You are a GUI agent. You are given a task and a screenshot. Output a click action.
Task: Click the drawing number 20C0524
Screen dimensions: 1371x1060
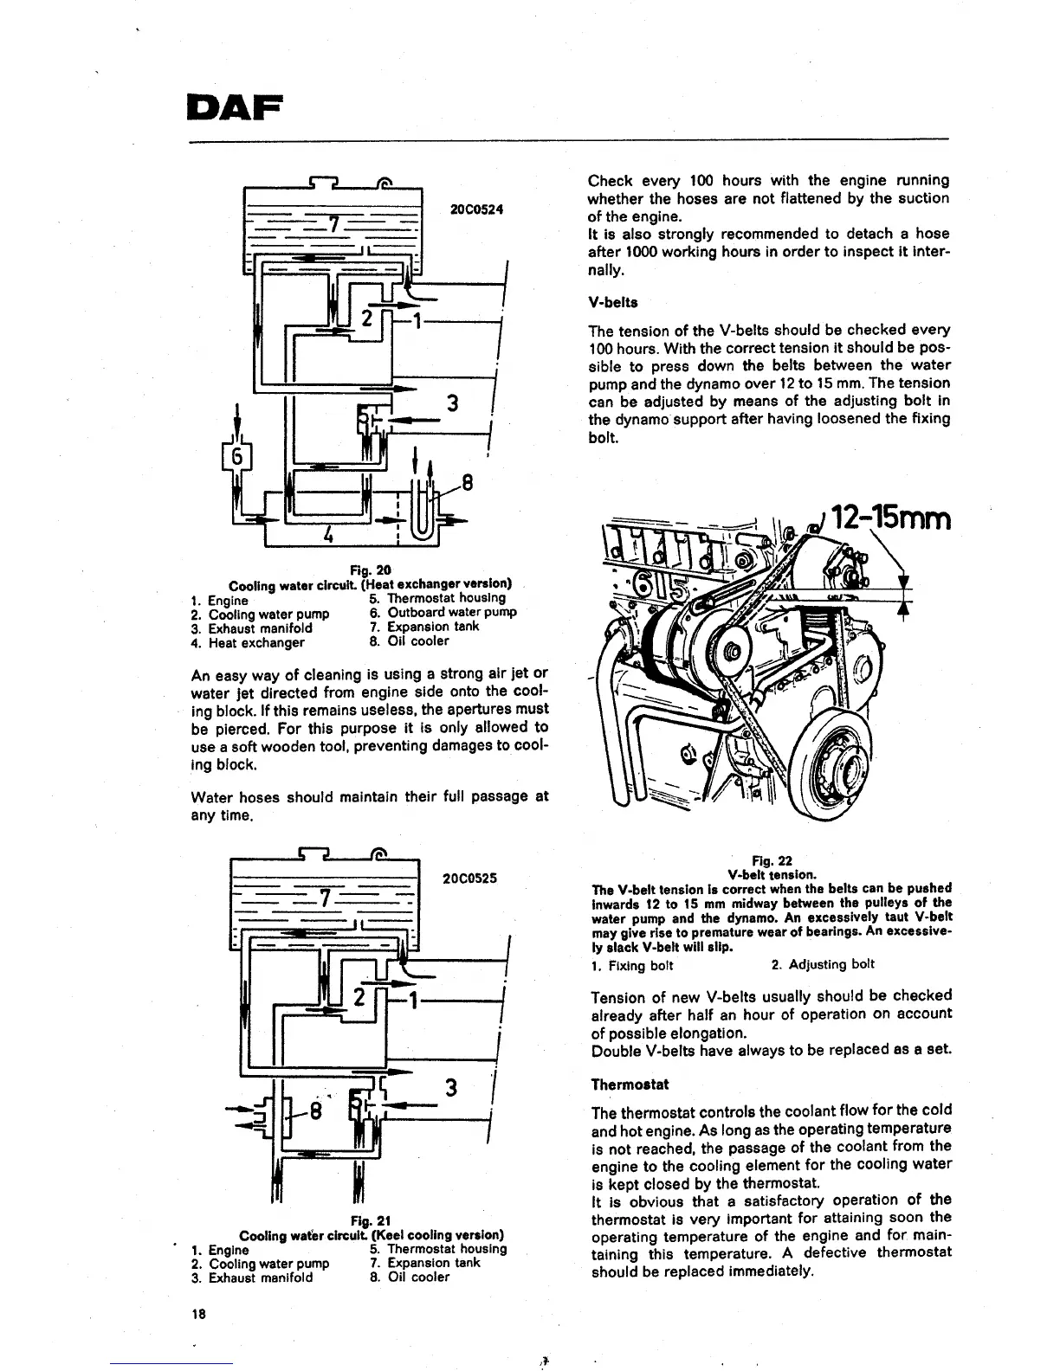pyautogui.click(x=477, y=210)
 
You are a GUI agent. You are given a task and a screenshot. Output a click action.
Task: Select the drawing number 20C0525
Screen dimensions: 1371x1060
pyautogui.click(x=469, y=878)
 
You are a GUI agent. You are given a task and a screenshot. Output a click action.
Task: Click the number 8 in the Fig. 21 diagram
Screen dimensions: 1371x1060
pyautogui.click(x=315, y=1111)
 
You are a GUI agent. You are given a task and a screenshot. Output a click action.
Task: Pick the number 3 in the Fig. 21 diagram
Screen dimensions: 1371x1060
pyautogui.click(x=450, y=1088)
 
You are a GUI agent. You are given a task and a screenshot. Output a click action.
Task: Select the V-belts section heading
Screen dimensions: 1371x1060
pyautogui.click(x=612, y=303)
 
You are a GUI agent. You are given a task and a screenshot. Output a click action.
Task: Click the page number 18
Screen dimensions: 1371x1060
pyautogui.click(x=198, y=1314)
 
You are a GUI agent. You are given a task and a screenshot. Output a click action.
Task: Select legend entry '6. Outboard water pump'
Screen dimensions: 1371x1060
pyautogui.click(x=443, y=612)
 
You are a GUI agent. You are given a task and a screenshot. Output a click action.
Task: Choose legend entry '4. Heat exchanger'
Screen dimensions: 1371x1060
pyautogui.click(x=248, y=642)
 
